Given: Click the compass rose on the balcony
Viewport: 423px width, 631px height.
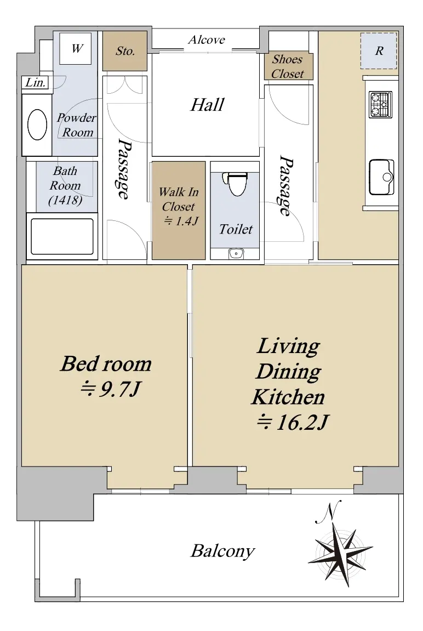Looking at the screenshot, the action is click(x=341, y=553).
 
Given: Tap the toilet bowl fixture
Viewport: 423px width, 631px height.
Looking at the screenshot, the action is click(x=237, y=184).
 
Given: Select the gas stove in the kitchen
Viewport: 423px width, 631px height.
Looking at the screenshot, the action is click(x=380, y=105).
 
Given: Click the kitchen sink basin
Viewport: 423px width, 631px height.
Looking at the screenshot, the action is click(x=381, y=177).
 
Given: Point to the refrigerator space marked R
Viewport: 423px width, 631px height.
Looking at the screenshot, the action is click(x=379, y=50).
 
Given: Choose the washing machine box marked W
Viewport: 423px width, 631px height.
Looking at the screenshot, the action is click(x=76, y=48).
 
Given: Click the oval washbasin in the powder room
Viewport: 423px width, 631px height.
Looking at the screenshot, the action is click(x=37, y=125).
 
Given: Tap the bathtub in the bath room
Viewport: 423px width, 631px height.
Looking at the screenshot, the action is click(x=62, y=237).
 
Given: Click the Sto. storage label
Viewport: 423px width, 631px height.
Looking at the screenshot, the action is click(x=125, y=51).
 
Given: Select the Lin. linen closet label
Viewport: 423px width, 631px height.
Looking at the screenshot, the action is click(x=36, y=82).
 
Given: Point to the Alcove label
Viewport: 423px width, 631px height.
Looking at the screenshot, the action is click(x=206, y=39).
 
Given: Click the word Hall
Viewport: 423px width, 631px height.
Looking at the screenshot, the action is click(x=207, y=105).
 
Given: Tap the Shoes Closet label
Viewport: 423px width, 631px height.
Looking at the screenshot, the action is click(x=288, y=66).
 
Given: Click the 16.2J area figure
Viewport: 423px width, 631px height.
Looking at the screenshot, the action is click(x=293, y=423).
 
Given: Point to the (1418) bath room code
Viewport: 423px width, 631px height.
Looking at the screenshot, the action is click(x=65, y=200).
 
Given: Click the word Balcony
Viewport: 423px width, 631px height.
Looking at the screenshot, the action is click(x=223, y=551).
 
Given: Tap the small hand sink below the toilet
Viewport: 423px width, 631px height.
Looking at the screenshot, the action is click(x=236, y=254).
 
